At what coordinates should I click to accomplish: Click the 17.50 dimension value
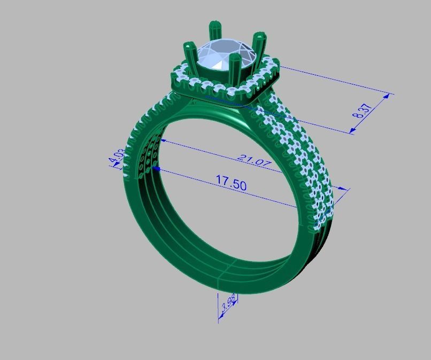(x=231, y=183)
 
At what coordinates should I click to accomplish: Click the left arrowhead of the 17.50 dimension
(x=156, y=168)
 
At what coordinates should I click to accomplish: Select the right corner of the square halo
(x=277, y=66)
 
